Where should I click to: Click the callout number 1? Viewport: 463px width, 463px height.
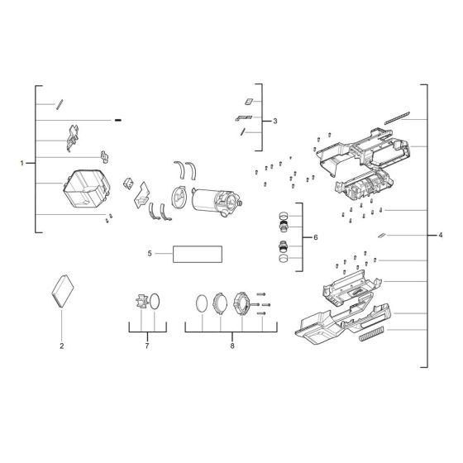pyautogui.click(x=21, y=164)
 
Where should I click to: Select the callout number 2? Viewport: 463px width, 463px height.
pyautogui.click(x=62, y=346)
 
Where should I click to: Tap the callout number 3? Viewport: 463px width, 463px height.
pyautogui.click(x=275, y=121)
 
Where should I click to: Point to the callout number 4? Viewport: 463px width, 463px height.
pyautogui.click(x=441, y=236)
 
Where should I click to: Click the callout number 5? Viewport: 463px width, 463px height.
pyautogui.click(x=150, y=254)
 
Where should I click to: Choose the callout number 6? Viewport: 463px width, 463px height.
pyautogui.click(x=316, y=237)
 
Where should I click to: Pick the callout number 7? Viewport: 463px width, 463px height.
pyautogui.click(x=147, y=346)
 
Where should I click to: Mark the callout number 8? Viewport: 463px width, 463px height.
pyautogui.click(x=232, y=346)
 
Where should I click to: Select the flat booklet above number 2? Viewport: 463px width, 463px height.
pyautogui.click(x=63, y=291)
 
